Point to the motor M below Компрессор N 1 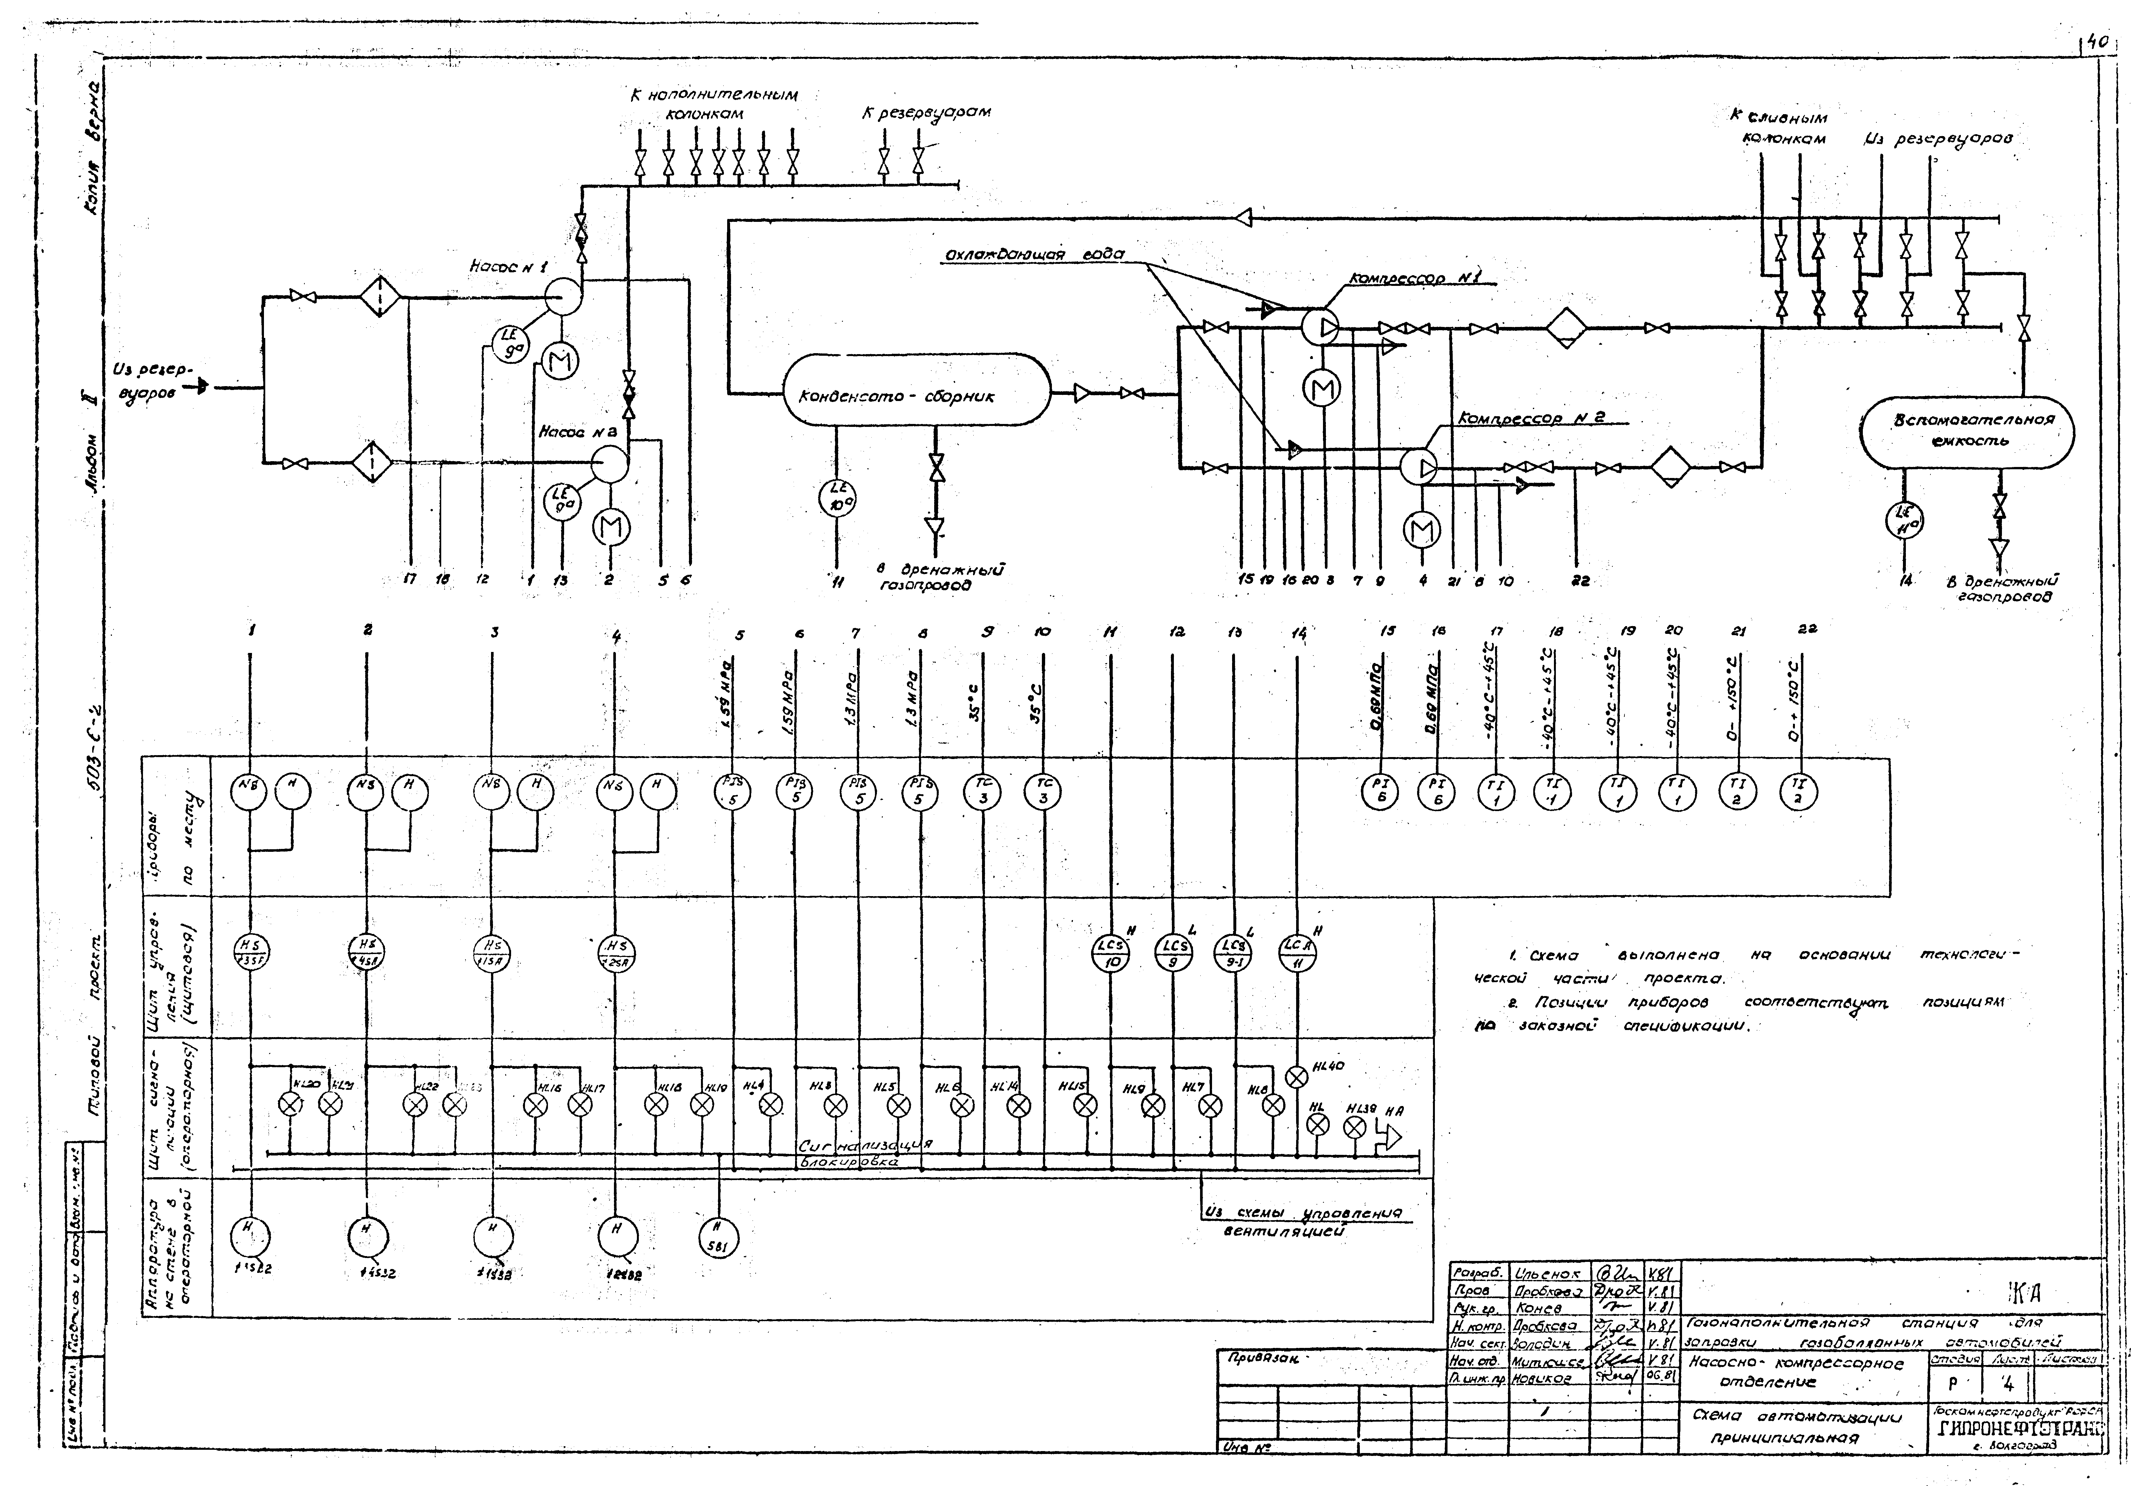[1321, 389]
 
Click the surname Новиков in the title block [1541, 1378]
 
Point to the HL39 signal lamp [1355, 1128]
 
